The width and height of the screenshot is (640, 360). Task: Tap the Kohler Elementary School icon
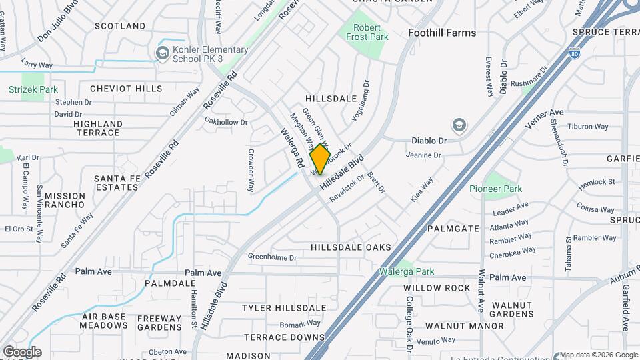coord(162,52)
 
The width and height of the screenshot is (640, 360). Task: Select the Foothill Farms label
coord(442,33)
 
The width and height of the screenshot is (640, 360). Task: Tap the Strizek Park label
coord(33,89)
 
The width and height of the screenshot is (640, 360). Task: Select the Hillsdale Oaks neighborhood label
coord(351,247)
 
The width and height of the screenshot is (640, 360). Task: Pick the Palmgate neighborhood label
coord(453,228)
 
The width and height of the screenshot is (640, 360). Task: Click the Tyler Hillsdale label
coord(284,308)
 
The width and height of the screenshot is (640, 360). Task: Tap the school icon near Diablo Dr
coord(459,125)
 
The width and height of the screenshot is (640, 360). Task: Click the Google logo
coord(21,352)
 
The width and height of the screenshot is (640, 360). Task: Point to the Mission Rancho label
coord(65,201)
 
